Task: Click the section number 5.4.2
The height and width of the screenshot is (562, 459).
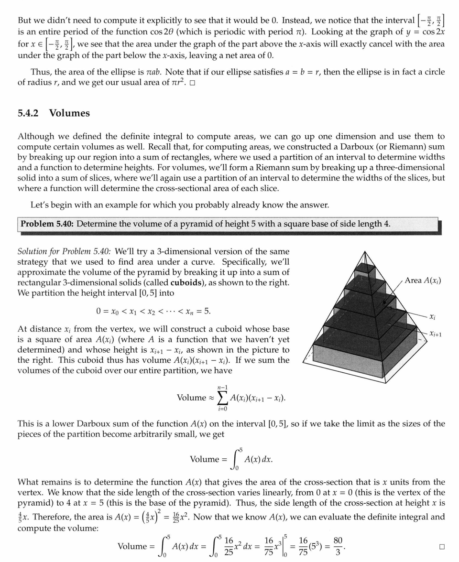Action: [x=28, y=113]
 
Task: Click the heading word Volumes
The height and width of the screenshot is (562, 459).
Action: [x=69, y=113]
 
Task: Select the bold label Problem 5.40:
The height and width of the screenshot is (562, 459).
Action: [x=46, y=224]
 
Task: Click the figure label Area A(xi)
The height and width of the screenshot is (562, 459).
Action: [x=422, y=281]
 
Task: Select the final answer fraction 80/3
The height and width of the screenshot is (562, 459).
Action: [x=338, y=546]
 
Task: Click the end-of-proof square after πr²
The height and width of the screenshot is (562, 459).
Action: [x=192, y=83]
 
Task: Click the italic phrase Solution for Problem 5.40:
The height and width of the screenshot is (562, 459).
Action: [x=64, y=251]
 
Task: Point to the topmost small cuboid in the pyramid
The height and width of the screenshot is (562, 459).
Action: [x=365, y=267]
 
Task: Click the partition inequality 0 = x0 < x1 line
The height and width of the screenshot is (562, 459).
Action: [x=153, y=311]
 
